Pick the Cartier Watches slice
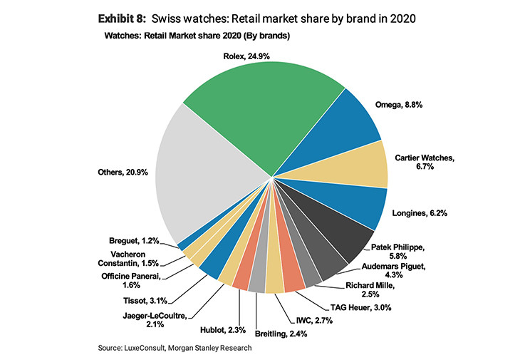(x=356, y=165)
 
